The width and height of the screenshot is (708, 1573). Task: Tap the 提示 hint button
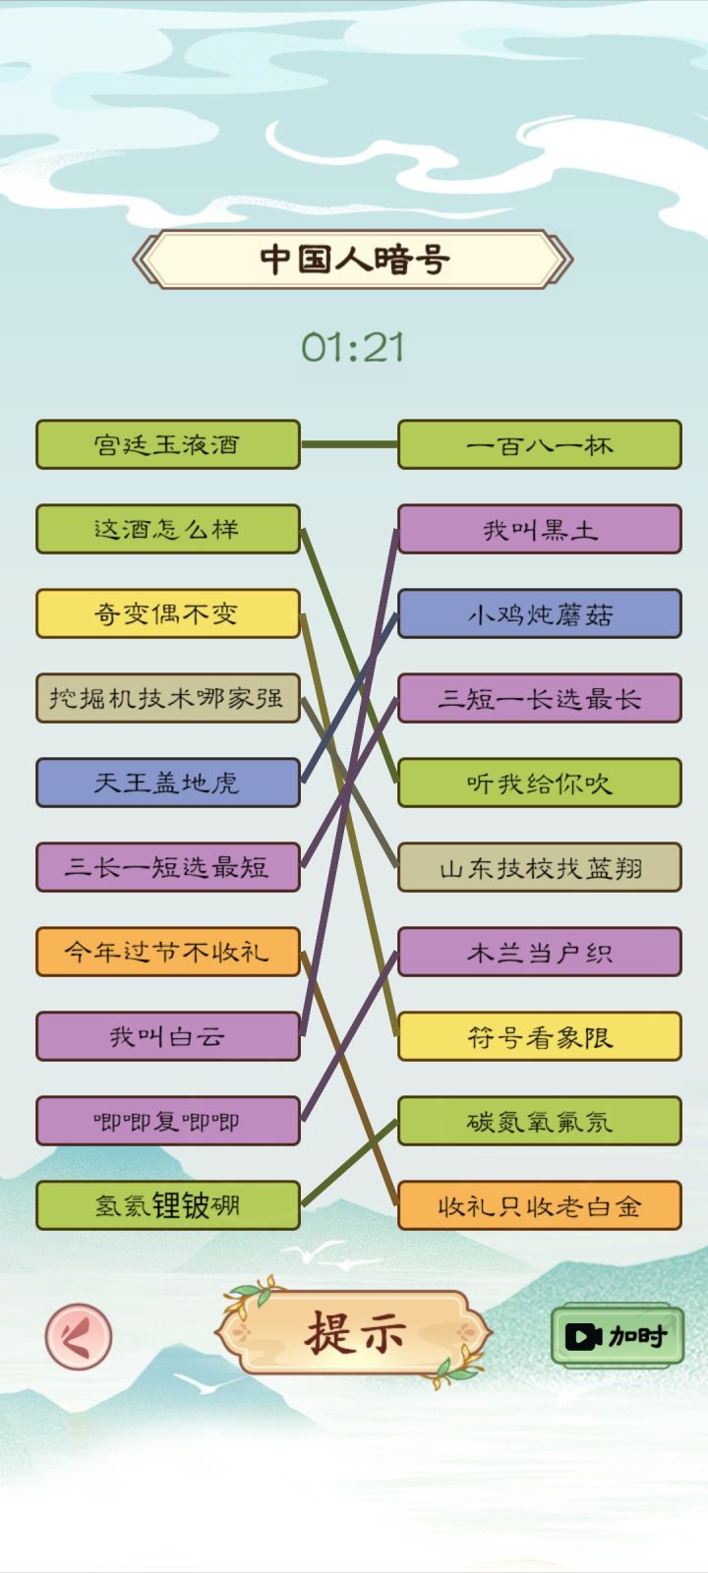354,1333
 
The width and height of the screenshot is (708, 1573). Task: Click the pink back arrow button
79,1336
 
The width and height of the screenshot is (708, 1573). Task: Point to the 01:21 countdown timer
353,348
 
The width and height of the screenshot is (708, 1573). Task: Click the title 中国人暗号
353,260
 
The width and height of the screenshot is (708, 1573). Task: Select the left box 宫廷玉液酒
168,444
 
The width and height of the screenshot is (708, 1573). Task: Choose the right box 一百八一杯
540,444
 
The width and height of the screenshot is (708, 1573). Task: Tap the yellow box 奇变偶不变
168,613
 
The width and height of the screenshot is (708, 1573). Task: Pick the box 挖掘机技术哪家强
168,698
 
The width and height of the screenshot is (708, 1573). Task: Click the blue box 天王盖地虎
168,783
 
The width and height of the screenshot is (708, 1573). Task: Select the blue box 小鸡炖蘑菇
540,613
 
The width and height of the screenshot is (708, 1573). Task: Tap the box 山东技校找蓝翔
540,867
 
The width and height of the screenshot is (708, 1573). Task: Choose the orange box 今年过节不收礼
168,952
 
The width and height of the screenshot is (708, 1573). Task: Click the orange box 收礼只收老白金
540,1205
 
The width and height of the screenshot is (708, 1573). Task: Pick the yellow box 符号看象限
540,1036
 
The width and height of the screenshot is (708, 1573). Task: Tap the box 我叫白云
168,1036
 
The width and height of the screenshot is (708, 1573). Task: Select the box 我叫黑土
540,529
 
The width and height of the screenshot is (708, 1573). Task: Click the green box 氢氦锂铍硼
168,1205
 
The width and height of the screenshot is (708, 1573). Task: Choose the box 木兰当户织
540,952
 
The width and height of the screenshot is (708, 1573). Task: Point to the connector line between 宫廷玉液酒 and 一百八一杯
349,444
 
